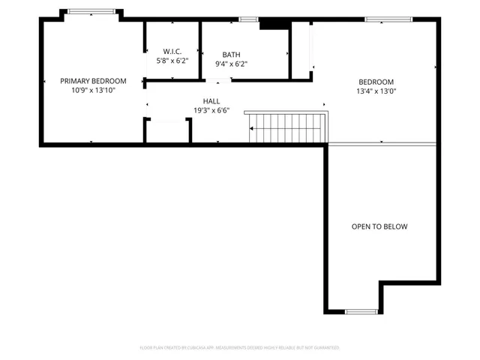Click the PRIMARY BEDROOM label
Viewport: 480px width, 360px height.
pos(93,81)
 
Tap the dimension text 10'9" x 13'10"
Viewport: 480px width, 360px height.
pos(93,91)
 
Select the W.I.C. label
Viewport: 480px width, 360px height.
pos(172,52)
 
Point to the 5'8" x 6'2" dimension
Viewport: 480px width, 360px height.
pos(172,61)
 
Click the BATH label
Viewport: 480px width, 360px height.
pos(230,55)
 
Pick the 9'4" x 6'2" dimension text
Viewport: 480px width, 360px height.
pos(230,64)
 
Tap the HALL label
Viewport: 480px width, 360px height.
pos(211,101)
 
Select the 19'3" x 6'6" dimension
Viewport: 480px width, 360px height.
pos(211,110)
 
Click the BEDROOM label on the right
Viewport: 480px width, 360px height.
pos(376,82)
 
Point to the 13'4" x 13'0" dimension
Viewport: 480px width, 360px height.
pos(376,91)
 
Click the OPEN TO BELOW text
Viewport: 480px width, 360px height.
pos(379,226)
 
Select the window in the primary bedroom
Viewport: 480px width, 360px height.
pos(91,12)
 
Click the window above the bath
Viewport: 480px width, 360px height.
pos(248,19)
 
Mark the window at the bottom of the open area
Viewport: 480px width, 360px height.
pos(361,310)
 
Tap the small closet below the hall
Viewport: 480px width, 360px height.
pos(167,130)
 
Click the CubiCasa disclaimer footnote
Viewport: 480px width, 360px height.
pos(240,348)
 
